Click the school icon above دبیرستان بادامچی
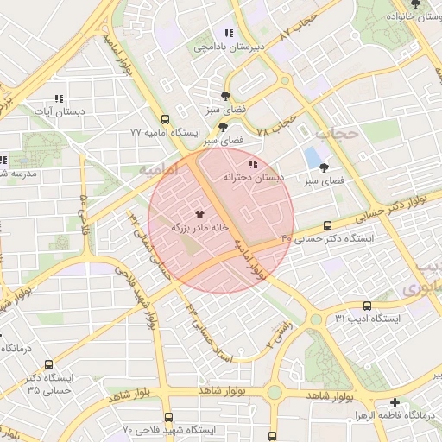pos(228,33)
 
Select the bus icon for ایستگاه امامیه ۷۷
pos(165,120)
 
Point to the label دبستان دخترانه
pos(253,176)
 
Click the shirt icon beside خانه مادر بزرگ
pos(199,213)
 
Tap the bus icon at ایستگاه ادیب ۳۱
pos(368,306)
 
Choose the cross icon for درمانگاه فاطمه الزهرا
pos(395,402)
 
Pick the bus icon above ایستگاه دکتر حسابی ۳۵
pos(48,365)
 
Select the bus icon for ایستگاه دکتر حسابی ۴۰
pos(327,225)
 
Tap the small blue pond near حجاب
pos(310,159)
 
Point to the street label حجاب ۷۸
pos(277,126)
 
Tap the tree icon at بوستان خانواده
pos(415,4)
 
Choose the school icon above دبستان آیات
pos(59,98)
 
